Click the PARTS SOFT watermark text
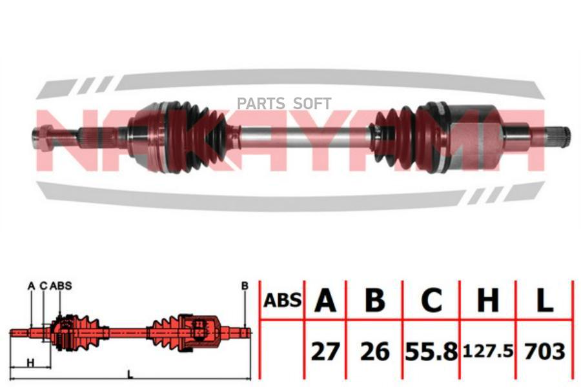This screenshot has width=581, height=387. click(x=284, y=103)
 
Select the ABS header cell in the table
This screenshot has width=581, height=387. click(x=282, y=299)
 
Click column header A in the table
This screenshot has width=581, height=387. click(x=325, y=301)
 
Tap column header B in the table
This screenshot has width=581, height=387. click(x=375, y=301)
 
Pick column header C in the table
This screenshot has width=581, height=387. click(x=431, y=301)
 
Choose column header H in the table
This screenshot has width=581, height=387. click(x=487, y=301)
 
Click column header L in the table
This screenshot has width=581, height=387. click(x=545, y=301)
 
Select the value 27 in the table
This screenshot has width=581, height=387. click(x=325, y=352)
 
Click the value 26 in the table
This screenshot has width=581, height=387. click(x=375, y=352)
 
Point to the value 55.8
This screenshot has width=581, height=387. click(x=431, y=352)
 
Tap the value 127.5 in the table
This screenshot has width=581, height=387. click(x=487, y=352)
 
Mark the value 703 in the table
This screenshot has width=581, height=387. click(x=545, y=352)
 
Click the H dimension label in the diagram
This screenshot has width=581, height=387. click(x=30, y=362)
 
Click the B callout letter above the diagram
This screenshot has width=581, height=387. click(x=245, y=285)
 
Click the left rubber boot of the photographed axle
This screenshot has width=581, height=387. click(x=200, y=135)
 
